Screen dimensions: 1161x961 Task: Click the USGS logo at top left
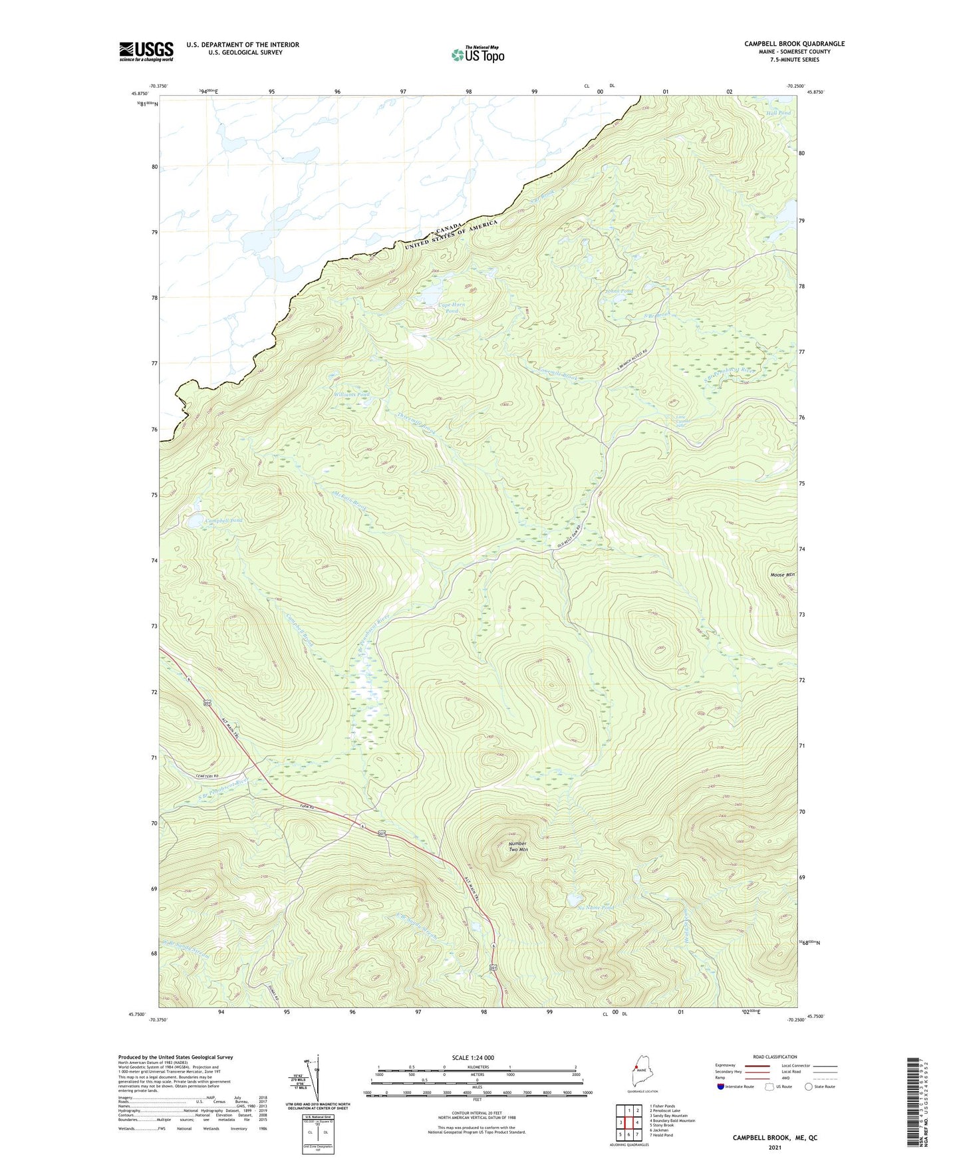click(146, 51)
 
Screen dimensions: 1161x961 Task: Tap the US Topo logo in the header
click(477, 55)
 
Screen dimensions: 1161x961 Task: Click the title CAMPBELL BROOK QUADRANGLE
click(794, 44)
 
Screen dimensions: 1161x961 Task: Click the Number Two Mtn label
click(518, 846)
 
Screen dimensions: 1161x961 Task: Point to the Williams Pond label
click(352, 394)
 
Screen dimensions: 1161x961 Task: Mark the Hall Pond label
click(778, 113)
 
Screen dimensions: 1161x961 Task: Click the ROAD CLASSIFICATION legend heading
click(774, 1057)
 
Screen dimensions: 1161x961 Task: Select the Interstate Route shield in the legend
click(722, 1087)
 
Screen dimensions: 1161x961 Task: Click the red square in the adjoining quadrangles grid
click(628, 1122)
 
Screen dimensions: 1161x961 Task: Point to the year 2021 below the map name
click(774, 1147)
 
